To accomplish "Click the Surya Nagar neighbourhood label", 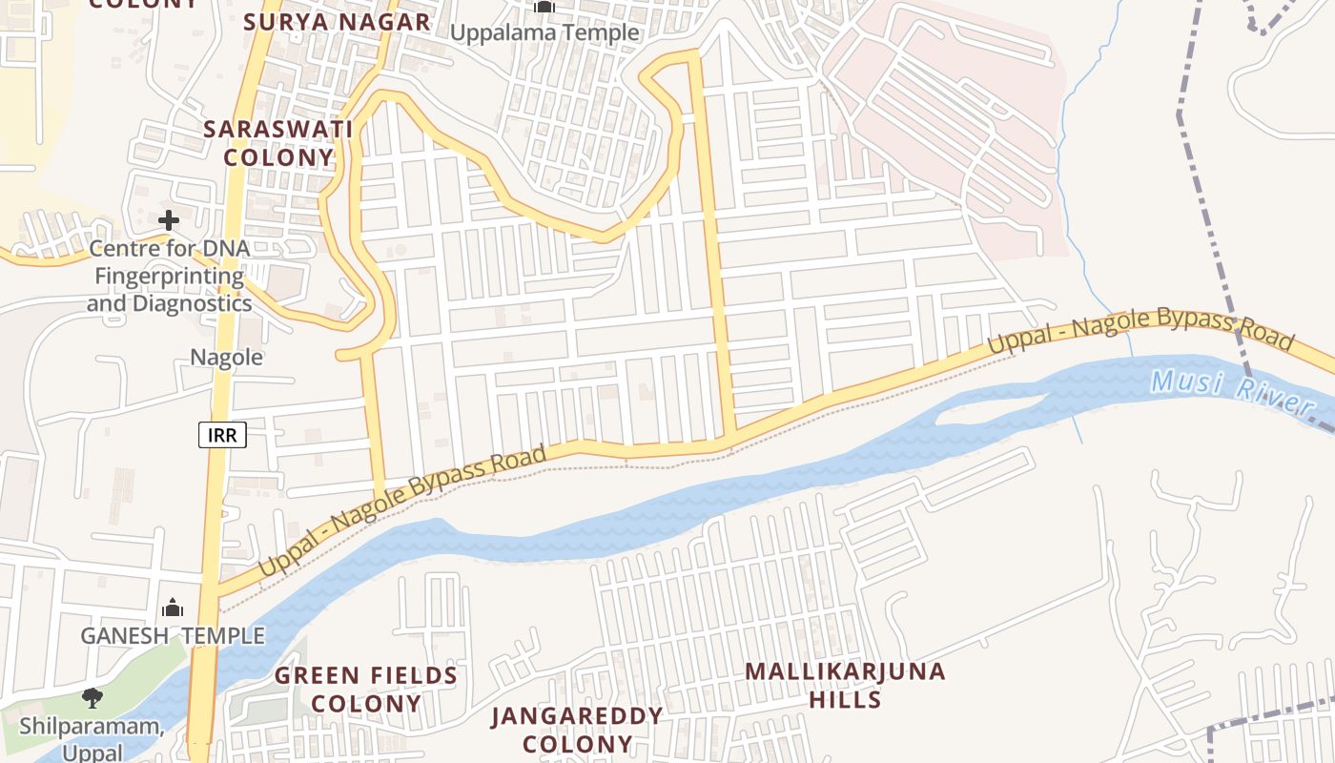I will point(337,22).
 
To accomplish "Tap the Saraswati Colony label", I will point(278,143).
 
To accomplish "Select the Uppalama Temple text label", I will point(544,32).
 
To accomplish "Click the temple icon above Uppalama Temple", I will point(544,8).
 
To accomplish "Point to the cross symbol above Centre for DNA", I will point(169,220).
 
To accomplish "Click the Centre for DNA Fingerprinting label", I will point(169,277).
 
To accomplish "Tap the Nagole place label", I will point(226,358).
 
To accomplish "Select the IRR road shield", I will point(223,436).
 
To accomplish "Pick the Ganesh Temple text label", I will point(173,636).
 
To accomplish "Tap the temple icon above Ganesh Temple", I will point(173,608).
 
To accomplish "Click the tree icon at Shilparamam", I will point(92,698).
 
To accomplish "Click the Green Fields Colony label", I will point(366,690).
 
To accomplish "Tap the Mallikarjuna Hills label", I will point(845,685).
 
